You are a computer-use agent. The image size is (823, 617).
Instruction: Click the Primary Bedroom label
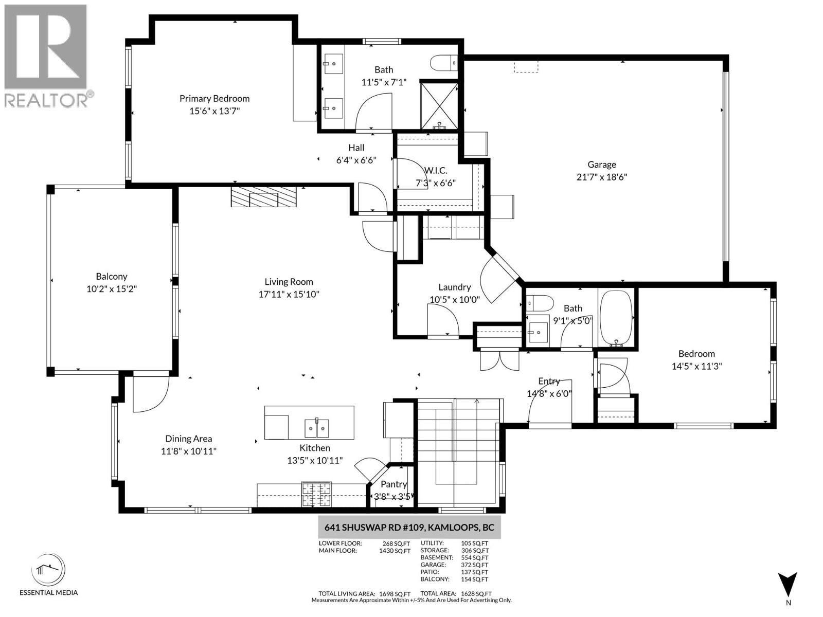point(214,98)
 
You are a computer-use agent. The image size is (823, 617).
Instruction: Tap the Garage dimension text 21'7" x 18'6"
point(601,177)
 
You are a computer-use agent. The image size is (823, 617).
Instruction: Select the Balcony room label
point(111,277)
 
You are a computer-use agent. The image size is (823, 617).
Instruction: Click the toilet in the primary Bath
point(443,63)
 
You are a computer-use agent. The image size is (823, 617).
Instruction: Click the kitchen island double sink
point(317,427)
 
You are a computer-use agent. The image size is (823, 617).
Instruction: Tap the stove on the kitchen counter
point(316,495)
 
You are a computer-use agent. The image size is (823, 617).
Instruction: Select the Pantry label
point(393,484)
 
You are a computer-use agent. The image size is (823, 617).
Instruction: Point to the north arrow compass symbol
point(788,586)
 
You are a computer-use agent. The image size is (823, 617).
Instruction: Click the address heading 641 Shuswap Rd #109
point(409,528)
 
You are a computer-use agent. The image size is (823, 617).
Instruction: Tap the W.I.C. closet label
point(435,170)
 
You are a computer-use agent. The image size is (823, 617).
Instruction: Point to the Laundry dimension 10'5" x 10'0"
point(455,299)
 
